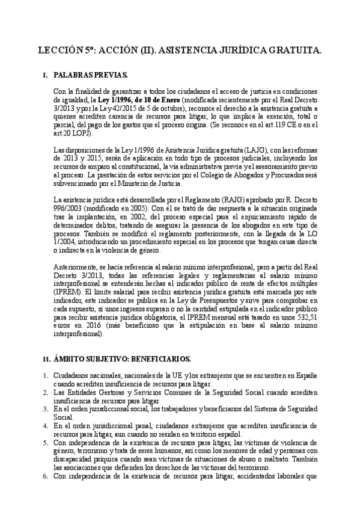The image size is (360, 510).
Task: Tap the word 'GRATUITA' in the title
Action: (293, 53)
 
